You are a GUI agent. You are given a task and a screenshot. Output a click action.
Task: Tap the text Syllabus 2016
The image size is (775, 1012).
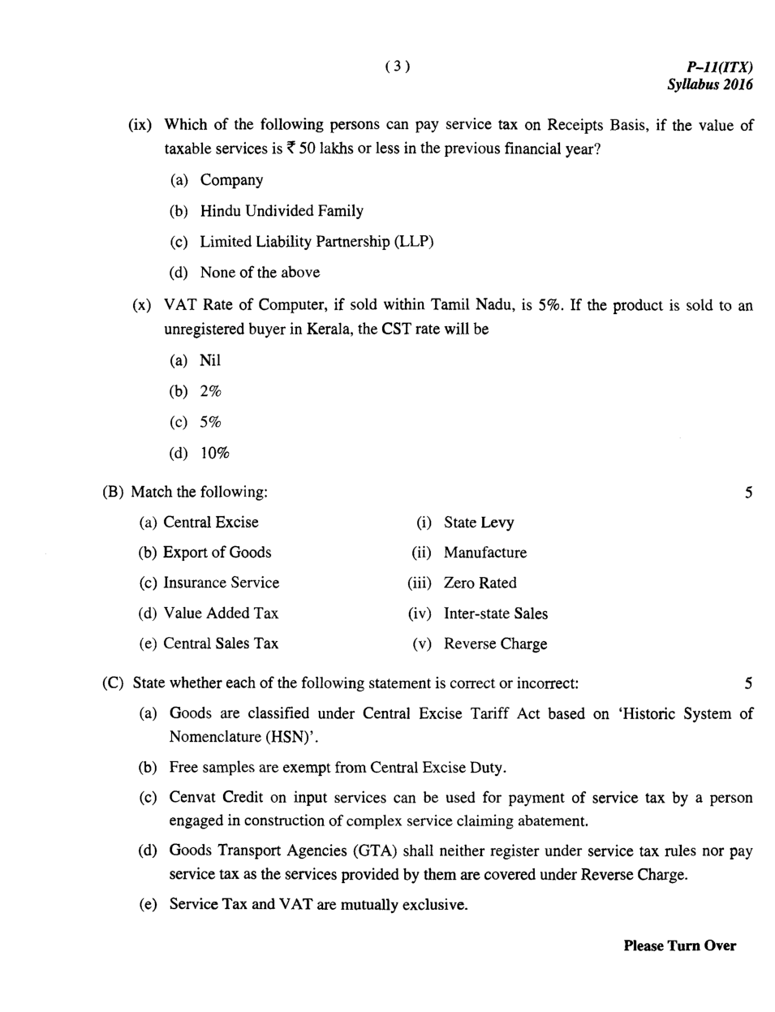[x=709, y=84]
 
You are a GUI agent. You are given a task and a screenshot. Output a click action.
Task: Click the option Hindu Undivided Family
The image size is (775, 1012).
[x=282, y=211]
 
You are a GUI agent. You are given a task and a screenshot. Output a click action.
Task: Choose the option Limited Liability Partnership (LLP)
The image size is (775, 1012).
[x=316, y=242]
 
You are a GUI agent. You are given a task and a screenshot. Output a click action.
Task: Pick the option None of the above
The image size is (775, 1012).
[x=260, y=273]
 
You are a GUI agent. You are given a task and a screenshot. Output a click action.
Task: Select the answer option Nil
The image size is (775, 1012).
[x=210, y=360]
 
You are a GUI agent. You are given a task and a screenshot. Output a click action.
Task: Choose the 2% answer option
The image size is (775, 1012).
[x=211, y=391]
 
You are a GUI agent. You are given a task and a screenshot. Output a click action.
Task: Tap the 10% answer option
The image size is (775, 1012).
[x=215, y=453]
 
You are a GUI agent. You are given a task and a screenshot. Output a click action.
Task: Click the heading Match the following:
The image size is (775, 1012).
[x=199, y=492]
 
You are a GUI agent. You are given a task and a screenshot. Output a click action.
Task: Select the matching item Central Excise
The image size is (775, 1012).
[x=211, y=523]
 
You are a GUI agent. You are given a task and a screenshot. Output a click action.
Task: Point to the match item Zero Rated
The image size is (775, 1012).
[x=480, y=583]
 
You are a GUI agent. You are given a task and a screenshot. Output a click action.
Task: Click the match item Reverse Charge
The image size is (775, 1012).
[x=495, y=644]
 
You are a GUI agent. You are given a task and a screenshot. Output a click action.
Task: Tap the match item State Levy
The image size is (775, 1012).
[x=479, y=523]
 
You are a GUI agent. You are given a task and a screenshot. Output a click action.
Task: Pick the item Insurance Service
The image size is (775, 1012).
[x=221, y=583]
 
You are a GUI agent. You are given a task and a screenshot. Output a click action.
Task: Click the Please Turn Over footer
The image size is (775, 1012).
[x=679, y=945]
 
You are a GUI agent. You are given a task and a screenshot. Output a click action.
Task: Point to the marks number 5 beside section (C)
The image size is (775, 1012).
[x=748, y=683]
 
